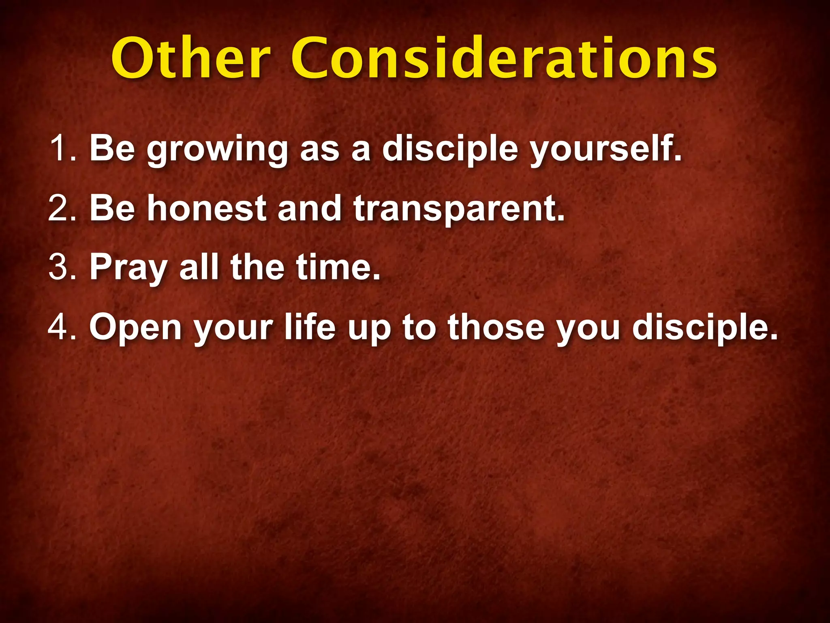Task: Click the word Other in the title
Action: click(190, 59)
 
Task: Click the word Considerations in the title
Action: click(504, 59)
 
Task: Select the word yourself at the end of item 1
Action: click(606, 150)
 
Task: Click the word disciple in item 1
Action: click(450, 150)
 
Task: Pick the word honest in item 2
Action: click(207, 208)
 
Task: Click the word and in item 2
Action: click(310, 208)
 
